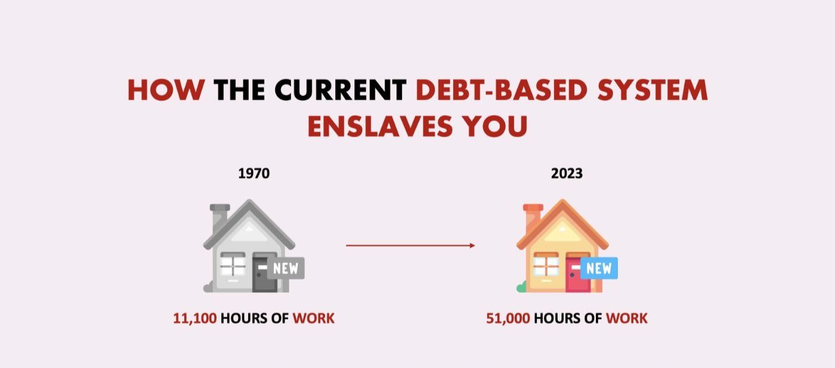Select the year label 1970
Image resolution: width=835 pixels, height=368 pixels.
(253, 174)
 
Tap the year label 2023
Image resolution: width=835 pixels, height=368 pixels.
(567, 174)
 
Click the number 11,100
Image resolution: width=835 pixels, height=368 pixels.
(194, 318)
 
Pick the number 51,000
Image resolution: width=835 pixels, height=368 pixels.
(508, 318)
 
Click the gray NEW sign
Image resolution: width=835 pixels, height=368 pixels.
(285, 268)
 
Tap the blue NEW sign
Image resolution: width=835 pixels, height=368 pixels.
(598, 268)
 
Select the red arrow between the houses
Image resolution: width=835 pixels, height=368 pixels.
(410, 245)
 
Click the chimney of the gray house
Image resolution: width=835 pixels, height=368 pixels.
(219, 217)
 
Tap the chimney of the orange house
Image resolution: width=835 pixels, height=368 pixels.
(532, 217)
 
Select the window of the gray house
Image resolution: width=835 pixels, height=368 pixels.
(233, 264)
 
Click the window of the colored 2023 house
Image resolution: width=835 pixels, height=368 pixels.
(546, 264)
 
